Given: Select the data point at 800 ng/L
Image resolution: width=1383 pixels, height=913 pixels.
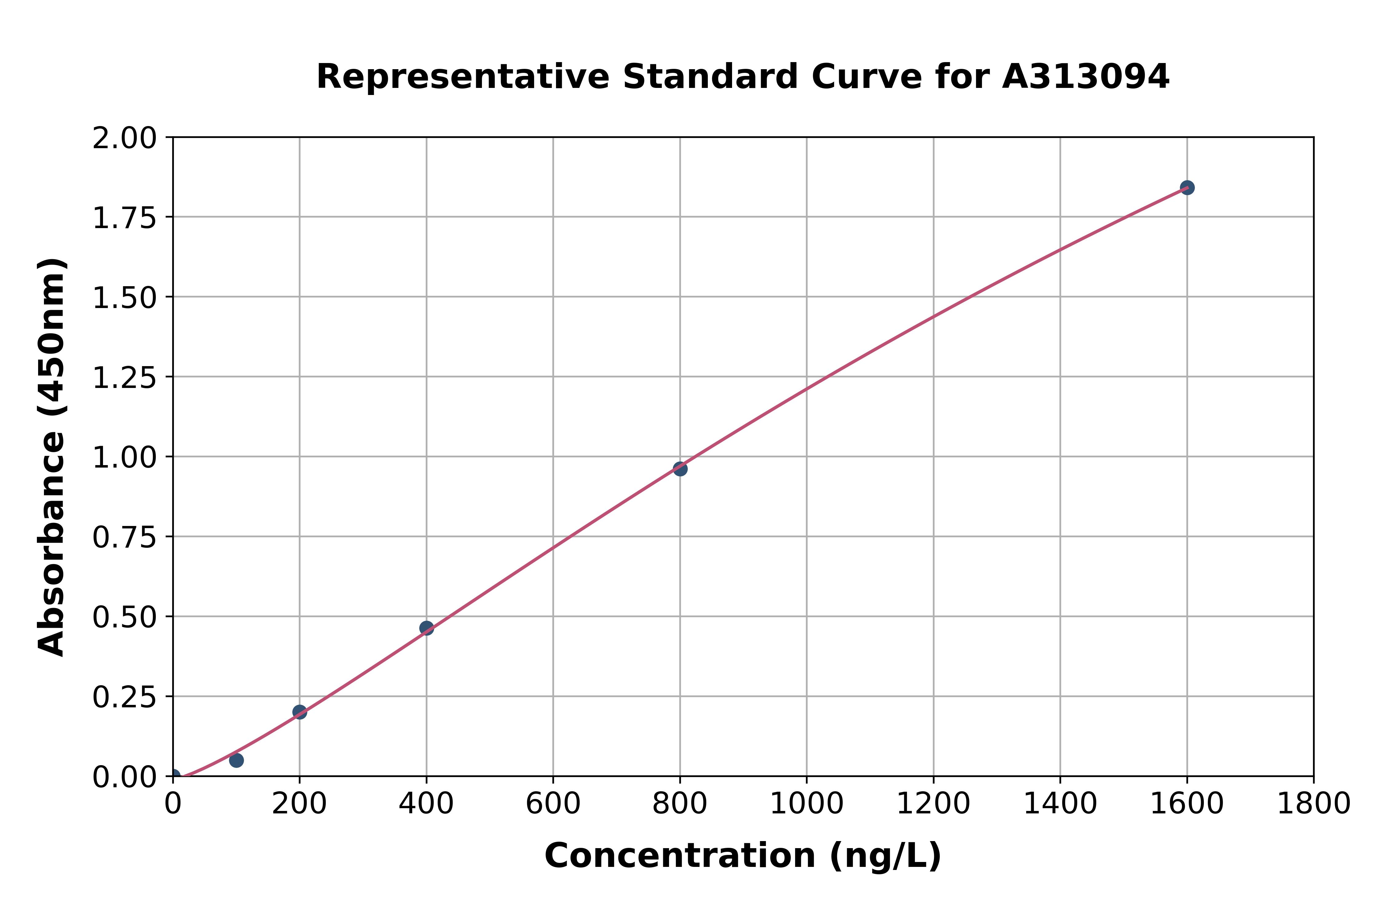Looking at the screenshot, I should pos(680,469).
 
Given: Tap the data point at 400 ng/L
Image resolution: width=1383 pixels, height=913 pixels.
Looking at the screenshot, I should pos(427,628).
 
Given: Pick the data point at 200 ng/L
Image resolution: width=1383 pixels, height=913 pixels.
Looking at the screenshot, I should pos(300,712).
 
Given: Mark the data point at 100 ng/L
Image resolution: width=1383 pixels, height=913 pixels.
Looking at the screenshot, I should pos(236,760).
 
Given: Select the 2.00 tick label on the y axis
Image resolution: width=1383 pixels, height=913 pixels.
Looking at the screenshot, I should pos(124,139).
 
